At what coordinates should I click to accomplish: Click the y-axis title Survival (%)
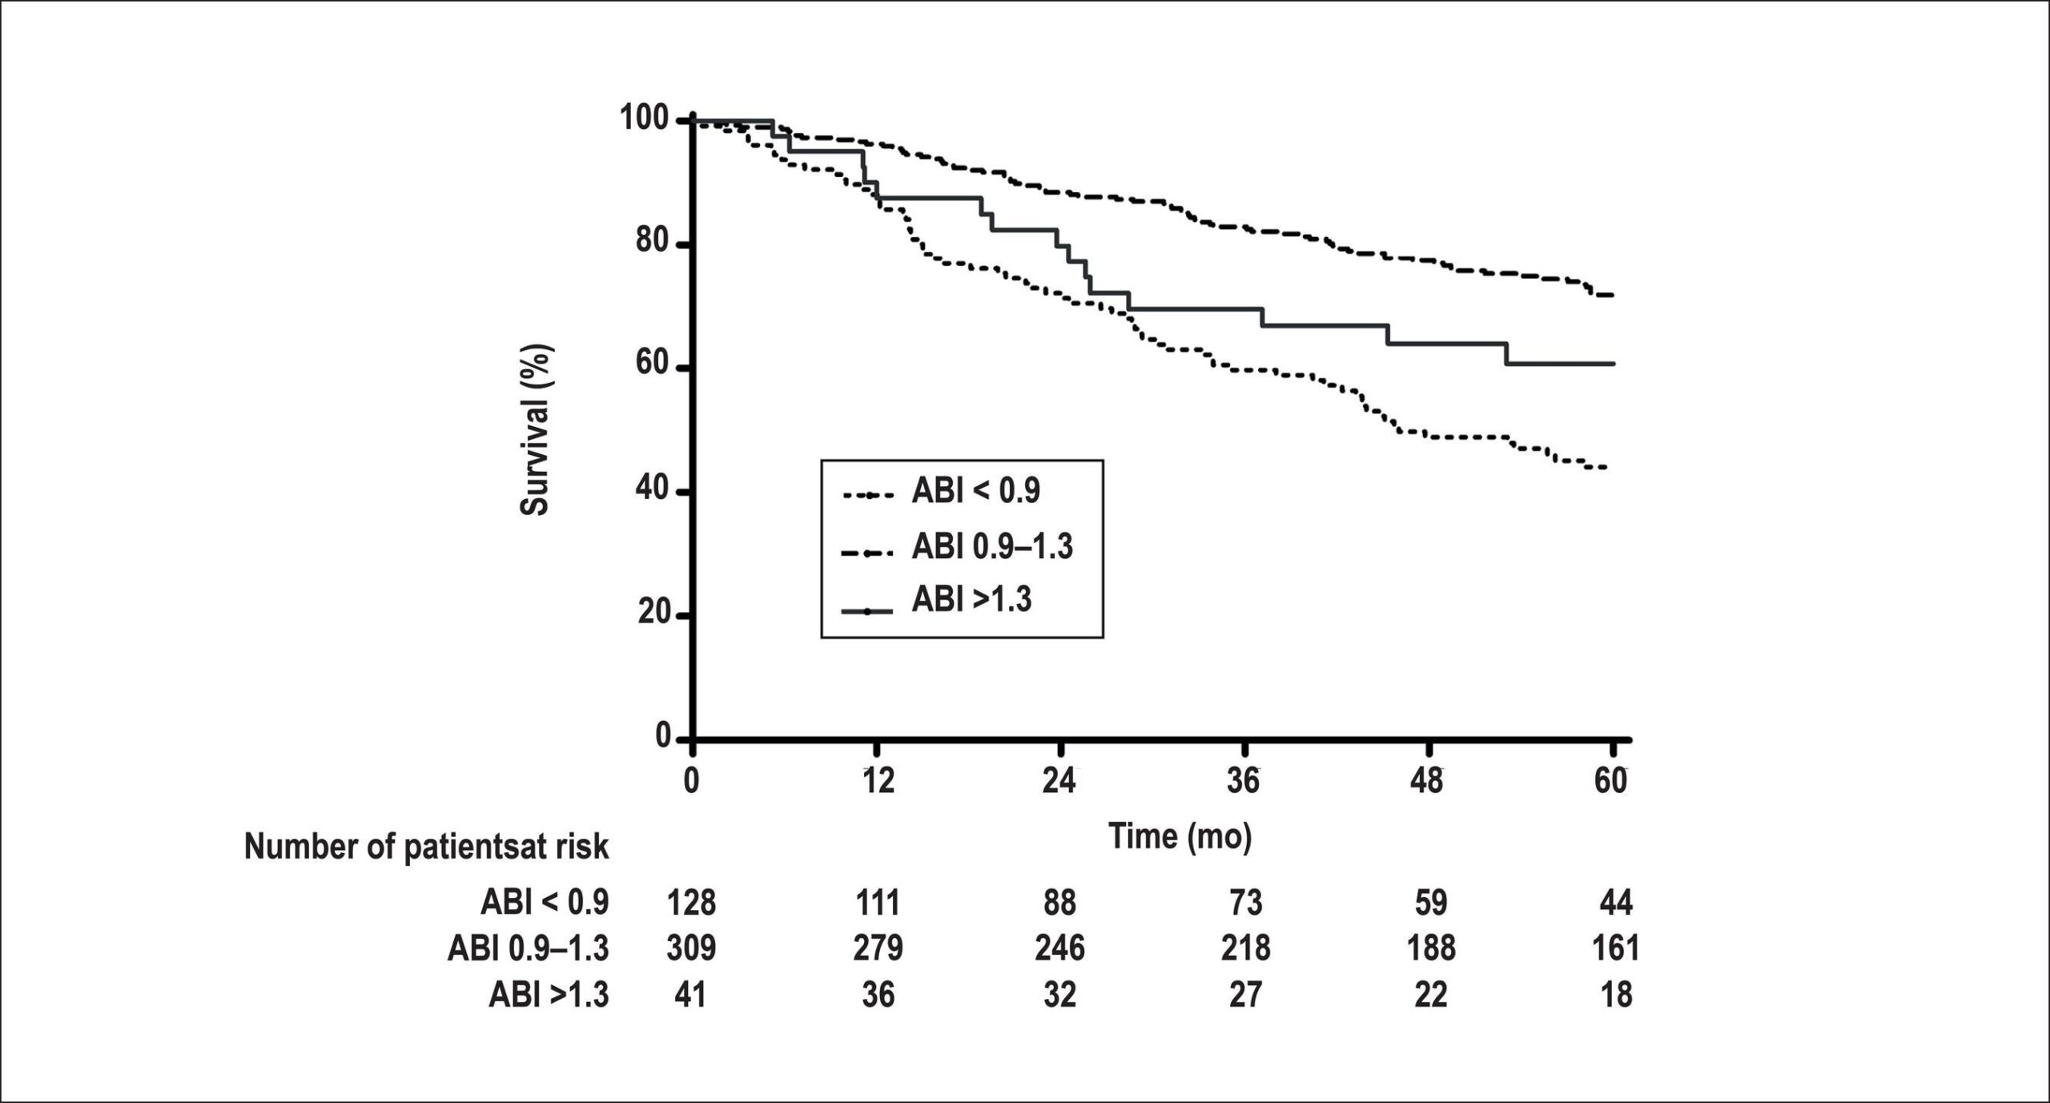coord(535,429)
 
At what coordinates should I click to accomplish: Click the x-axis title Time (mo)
coord(1180,836)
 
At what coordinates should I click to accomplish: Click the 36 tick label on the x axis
coord(1244,780)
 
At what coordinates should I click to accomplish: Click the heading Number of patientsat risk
coord(426,847)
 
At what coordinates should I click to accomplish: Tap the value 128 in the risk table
coord(691,903)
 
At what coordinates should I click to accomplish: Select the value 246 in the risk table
coord(1059,948)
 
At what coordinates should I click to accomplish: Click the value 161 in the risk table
coord(1614,948)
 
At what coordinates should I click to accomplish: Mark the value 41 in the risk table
coord(691,995)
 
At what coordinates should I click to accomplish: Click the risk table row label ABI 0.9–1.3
coord(529,948)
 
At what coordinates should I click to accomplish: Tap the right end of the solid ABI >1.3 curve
coord(1614,364)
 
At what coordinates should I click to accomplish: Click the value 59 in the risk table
coord(1430,903)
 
